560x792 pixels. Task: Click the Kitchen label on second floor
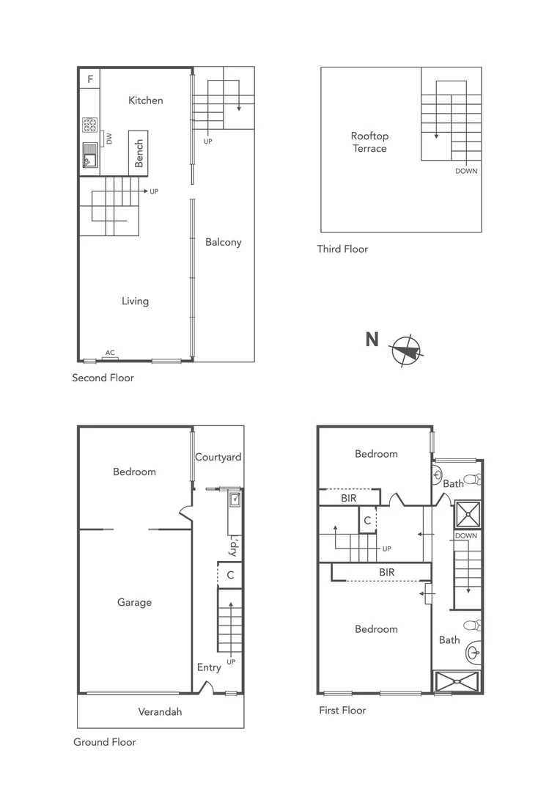pyautogui.click(x=145, y=100)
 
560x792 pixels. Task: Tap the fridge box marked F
pyautogui.click(x=90, y=78)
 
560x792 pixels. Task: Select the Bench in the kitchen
pyautogui.click(x=139, y=153)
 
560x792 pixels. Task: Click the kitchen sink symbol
pyautogui.click(x=89, y=155)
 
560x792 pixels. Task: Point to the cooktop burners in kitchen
pyautogui.click(x=90, y=125)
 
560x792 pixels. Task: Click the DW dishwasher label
pyautogui.click(x=109, y=138)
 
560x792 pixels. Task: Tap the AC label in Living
pyautogui.click(x=110, y=353)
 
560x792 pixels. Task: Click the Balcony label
pyautogui.click(x=223, y=242)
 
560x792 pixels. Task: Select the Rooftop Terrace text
pyautogui.click(x=369, y=142)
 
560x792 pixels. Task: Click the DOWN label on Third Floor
pyautogui.click(x=466, y=171)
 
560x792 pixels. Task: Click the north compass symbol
pyautogui.click(x=407, y=351)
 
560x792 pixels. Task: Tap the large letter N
pyautogui.click(x=372, y=340)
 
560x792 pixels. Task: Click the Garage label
pyautogui.click(x=134, y=602)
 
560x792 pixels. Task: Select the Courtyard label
pyautogui.click(x=218, y=457)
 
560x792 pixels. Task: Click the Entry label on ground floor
pyautogui.click(x=209, y=667)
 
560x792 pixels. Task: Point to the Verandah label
pyautogui.click(x=160, y=711)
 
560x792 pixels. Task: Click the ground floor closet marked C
pyautogui.click(x=230, y=575)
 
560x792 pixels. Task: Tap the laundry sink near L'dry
pyautogui.click(x=235, y=500)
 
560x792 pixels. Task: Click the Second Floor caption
pyautogui.click(x=103, y=378)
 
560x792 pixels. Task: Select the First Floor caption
pyautogui.click(x=342, y=710)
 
